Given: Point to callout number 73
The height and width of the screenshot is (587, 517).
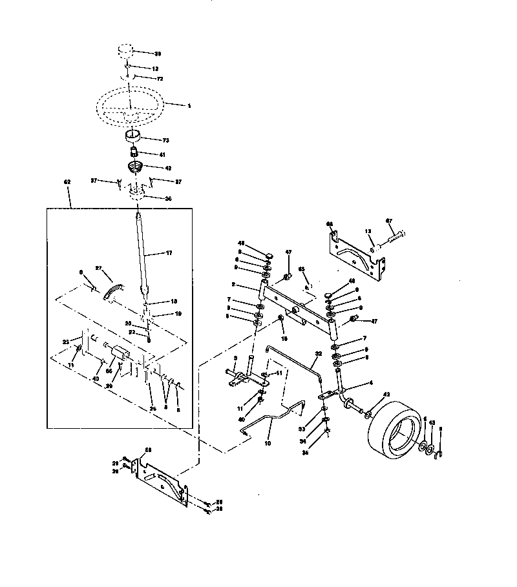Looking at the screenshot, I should click(x=165, y=139).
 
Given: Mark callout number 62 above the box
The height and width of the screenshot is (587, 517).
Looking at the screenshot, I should click(x=67, y=182).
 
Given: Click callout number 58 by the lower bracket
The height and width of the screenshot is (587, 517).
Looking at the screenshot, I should click(x=147, y=449).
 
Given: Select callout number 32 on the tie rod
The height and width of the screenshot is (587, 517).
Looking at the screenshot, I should click(x=318, y=353).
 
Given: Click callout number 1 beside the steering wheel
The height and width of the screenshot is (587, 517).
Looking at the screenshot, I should click(x=189, y=105).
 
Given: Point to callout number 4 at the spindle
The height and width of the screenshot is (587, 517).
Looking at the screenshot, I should click(x=370, y=382).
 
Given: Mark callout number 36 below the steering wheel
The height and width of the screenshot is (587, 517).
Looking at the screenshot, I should click(x=168, y=198).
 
